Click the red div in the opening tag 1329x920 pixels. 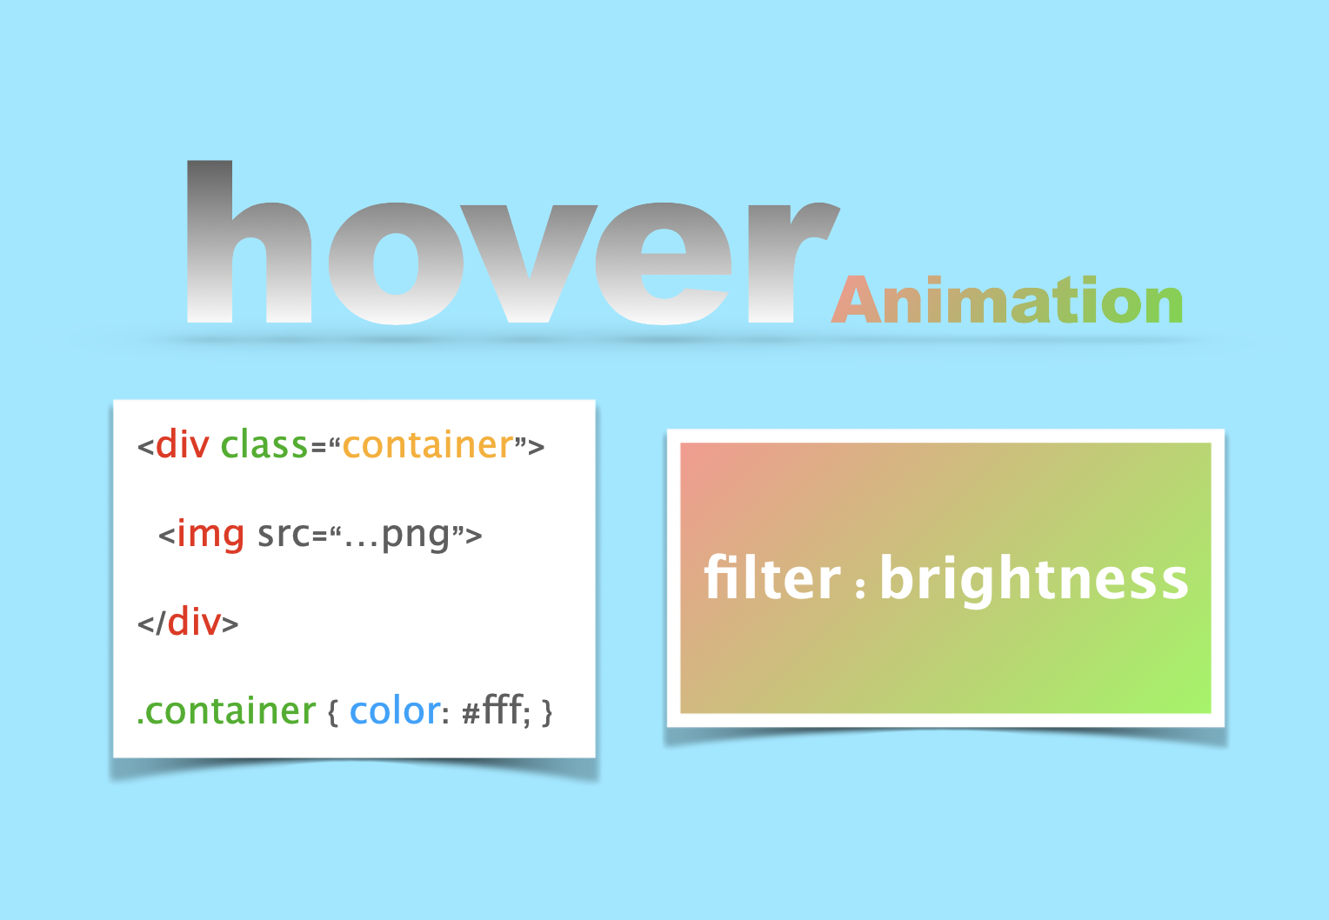click(x=182, y=445)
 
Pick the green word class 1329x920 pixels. click(x=264, y=445)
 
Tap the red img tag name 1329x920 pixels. click(x=210, y=534)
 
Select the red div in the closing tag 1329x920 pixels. click(x=194, y=623)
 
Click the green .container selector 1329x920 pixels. click(x=227, y=711)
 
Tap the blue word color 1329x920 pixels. click(x=395, y=711)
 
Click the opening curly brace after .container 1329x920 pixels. click(x=332, y=714)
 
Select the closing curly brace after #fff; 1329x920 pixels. click(x=547, y=714)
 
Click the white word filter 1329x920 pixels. click(x=772, y=577)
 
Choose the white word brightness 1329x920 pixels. click(x=1033, y=579)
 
